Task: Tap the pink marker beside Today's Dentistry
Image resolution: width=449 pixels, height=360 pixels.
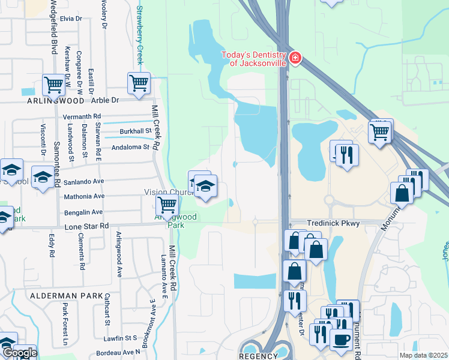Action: click(x=295, y=58)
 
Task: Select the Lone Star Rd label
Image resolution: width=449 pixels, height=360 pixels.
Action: click(x=88, y=226)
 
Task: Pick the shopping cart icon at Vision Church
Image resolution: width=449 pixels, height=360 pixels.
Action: click(x=166, y=205)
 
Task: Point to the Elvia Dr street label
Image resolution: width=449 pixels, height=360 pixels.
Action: click(x=70, y=19)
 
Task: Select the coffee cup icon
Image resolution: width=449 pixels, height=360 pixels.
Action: click(x=341, y=338)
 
